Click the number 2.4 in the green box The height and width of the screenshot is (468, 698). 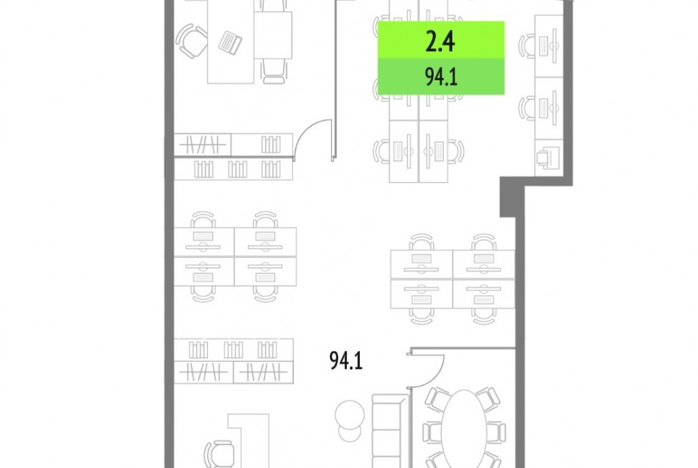tap(440, 42)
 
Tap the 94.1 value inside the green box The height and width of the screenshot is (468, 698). tap(441, 77)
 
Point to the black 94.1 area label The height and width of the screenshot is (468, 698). tap(346, 360)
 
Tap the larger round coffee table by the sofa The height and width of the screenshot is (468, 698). tap(350, 415)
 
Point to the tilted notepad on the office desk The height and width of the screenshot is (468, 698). tap(230, 43)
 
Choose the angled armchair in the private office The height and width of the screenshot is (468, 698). tap(192, 41)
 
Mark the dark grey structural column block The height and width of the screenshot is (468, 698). tap(512, 197)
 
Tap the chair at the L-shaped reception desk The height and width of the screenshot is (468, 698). tap(219, 454)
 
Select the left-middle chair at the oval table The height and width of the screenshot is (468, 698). tap(432, 432)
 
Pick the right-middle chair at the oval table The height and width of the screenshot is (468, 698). tap(496, 432)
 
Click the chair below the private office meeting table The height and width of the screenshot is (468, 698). tap(273, 71)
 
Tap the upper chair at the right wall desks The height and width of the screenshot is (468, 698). tap(527, 46)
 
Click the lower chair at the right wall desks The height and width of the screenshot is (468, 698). tap(527, 108)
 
